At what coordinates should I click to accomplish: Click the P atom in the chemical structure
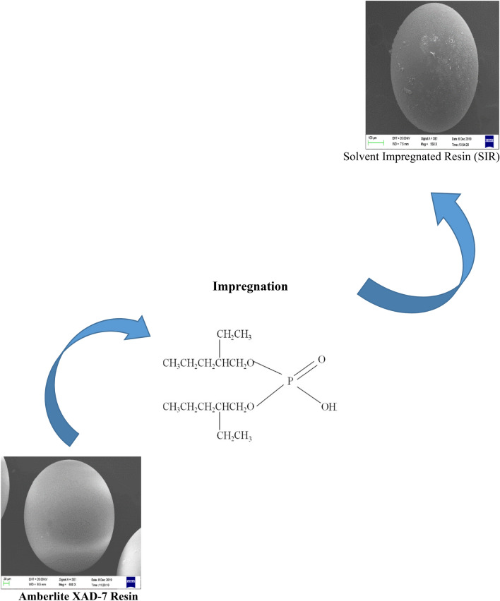tap(288, 382)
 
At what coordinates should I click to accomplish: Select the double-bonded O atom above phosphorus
tap(322, 360)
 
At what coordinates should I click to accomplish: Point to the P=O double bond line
tap(305, 370)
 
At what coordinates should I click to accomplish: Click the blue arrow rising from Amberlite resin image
tap(99, 374)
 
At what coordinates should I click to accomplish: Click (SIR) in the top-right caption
tap(486, 158)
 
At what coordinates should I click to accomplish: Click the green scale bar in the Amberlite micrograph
tap(8, 583)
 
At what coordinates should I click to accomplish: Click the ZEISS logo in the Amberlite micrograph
tap(131, 582)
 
